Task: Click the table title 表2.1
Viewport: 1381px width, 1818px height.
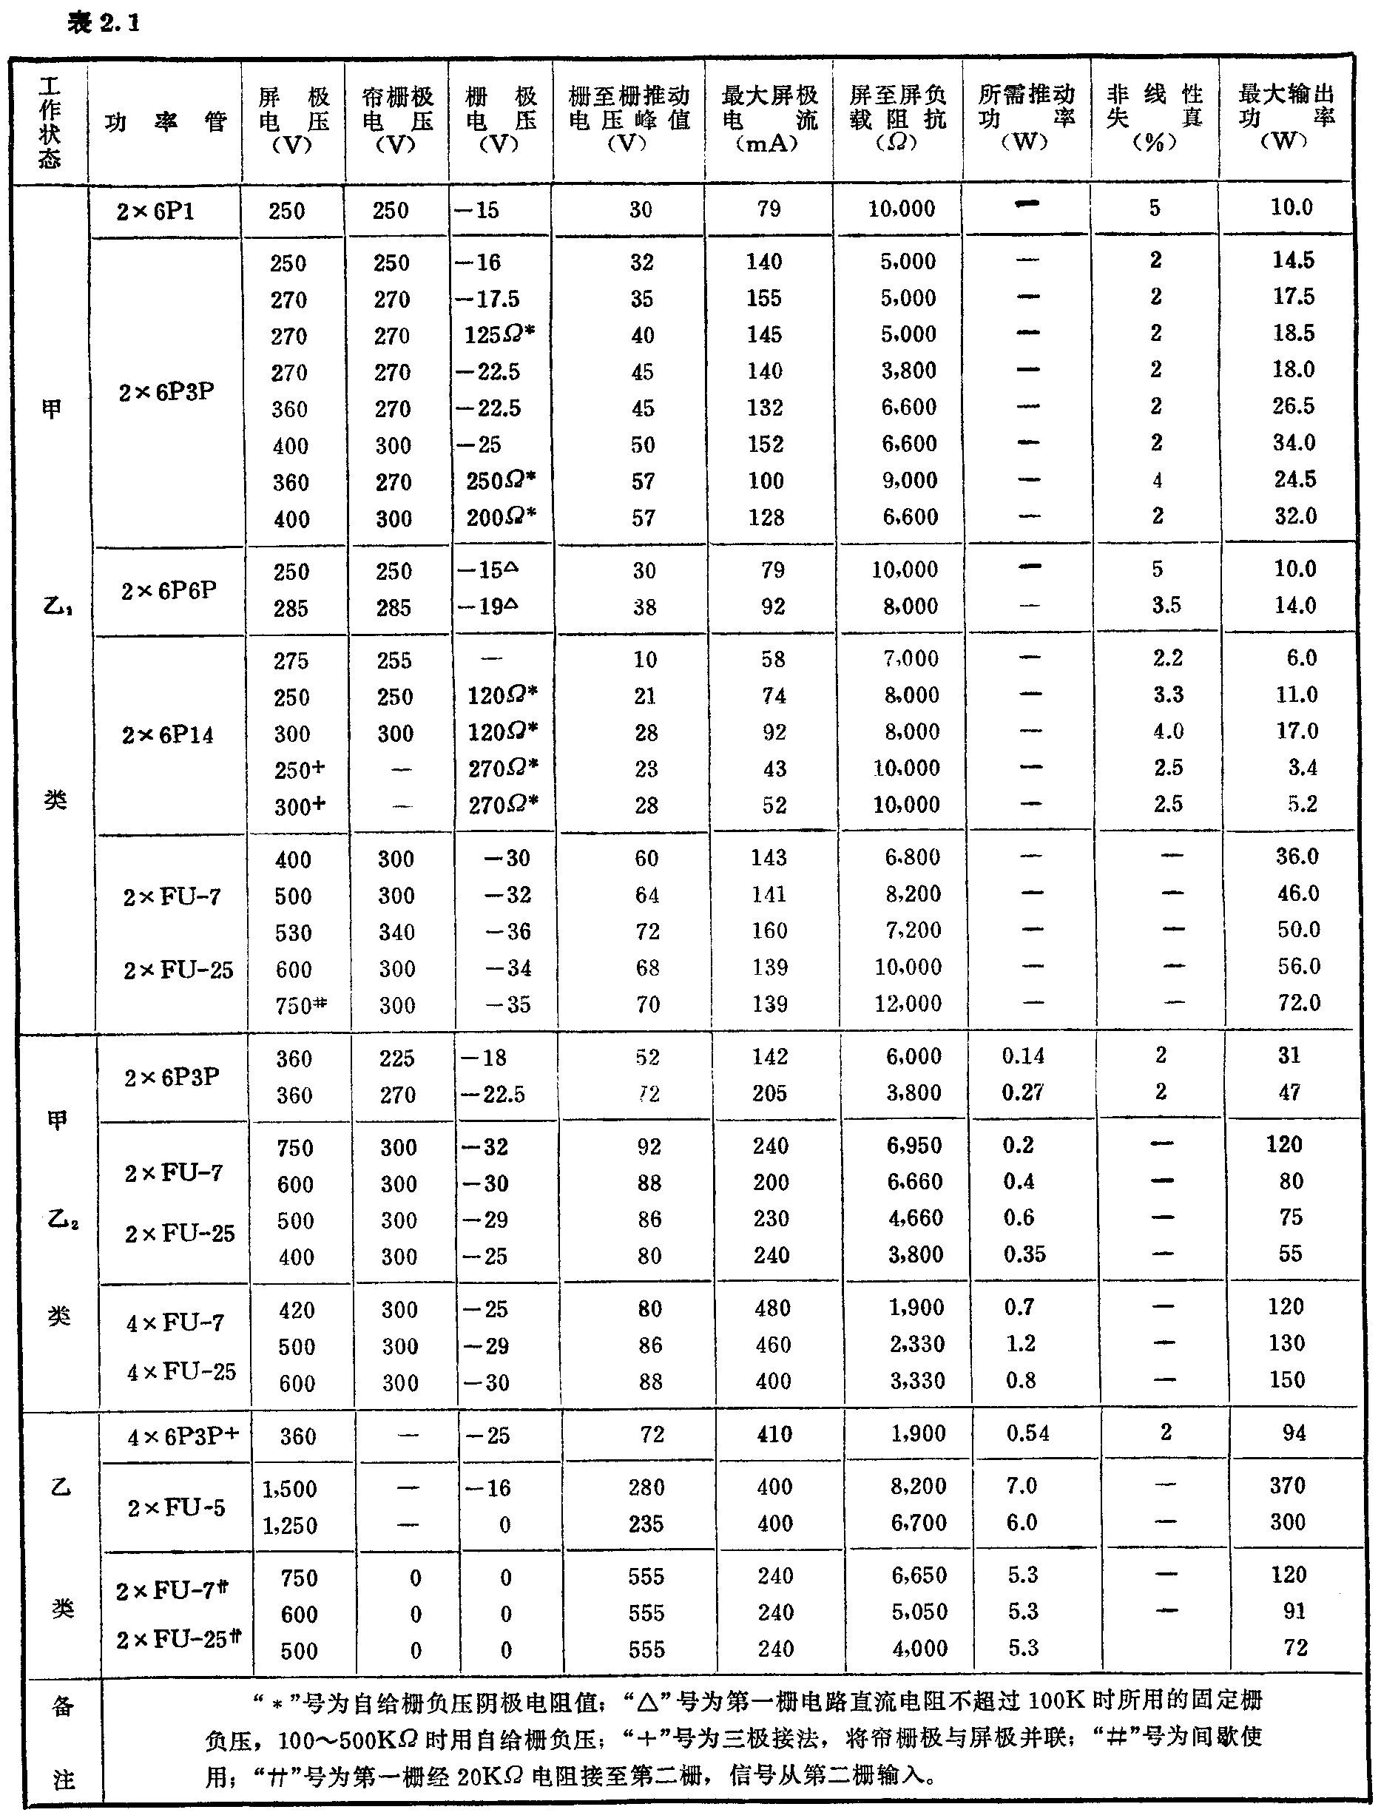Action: click(104, 23)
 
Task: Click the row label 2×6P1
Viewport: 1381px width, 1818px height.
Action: click(155, 212)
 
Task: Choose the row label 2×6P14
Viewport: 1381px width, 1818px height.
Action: click(168, 734)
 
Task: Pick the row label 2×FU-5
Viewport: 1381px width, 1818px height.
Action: click(176, 1507)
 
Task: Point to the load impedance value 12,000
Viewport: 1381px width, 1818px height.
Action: click(907, 1004)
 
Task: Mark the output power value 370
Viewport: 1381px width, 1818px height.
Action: click(1286, 1485)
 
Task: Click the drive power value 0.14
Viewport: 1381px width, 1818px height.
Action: click(1022, 1056)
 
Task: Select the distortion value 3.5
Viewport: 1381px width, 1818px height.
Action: click(1166, 606)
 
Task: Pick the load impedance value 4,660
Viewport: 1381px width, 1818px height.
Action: click(915, 1218)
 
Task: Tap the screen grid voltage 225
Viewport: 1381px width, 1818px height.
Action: click(396, 1058)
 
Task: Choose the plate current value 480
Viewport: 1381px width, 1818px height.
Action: click(772, 1308)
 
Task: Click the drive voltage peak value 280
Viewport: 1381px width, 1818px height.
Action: click(645, 1487)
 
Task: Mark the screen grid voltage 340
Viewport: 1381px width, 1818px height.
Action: click(396, 932)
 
